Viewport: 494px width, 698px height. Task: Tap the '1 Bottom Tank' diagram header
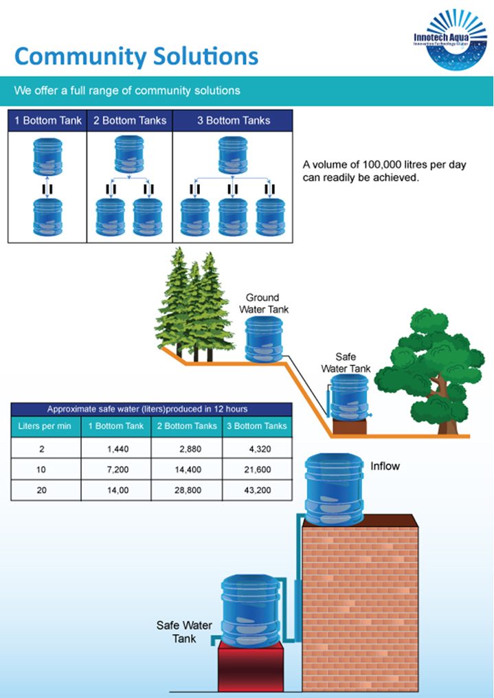(48, 120)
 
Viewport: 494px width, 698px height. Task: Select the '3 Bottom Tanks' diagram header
(234, 120)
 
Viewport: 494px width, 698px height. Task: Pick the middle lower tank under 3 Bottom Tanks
(233, 216)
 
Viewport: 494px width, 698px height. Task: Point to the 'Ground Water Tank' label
(263, 303)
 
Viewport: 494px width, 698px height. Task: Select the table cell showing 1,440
(115, 449)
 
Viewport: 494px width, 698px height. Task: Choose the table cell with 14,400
(186, 471)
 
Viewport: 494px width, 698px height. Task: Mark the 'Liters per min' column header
(45, 426)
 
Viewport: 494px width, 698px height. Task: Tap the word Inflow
(385, 466)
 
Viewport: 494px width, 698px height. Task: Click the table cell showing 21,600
(258, 471)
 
